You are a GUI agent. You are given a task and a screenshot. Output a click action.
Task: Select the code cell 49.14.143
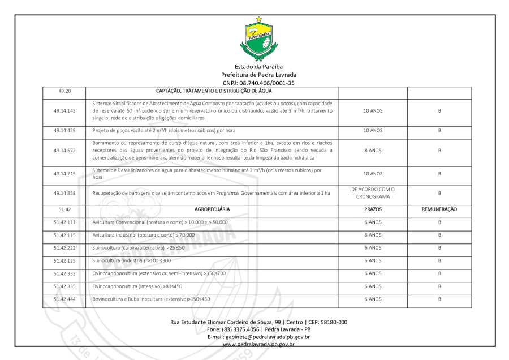click(x=64, y=110)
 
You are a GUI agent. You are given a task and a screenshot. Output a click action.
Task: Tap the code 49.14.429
click(x=64, y=130)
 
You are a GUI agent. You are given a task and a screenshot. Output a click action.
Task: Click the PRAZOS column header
click(x=372, y=209)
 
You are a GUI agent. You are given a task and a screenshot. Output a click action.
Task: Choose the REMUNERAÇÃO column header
click(x=439, y=209)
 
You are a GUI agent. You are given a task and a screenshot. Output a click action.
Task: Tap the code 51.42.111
click(x=64, y=222)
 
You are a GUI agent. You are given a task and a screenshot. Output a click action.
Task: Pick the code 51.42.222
click(x=64, y=247)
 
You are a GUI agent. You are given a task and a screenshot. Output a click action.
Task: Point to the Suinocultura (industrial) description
click(x=131, y=260)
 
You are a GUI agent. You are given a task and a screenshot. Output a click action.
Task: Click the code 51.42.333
click(x=64, y=273)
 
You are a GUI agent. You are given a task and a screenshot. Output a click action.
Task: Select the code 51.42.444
click(x=64, y=298)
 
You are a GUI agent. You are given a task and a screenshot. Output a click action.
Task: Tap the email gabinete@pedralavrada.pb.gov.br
click(x=258, y=337)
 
